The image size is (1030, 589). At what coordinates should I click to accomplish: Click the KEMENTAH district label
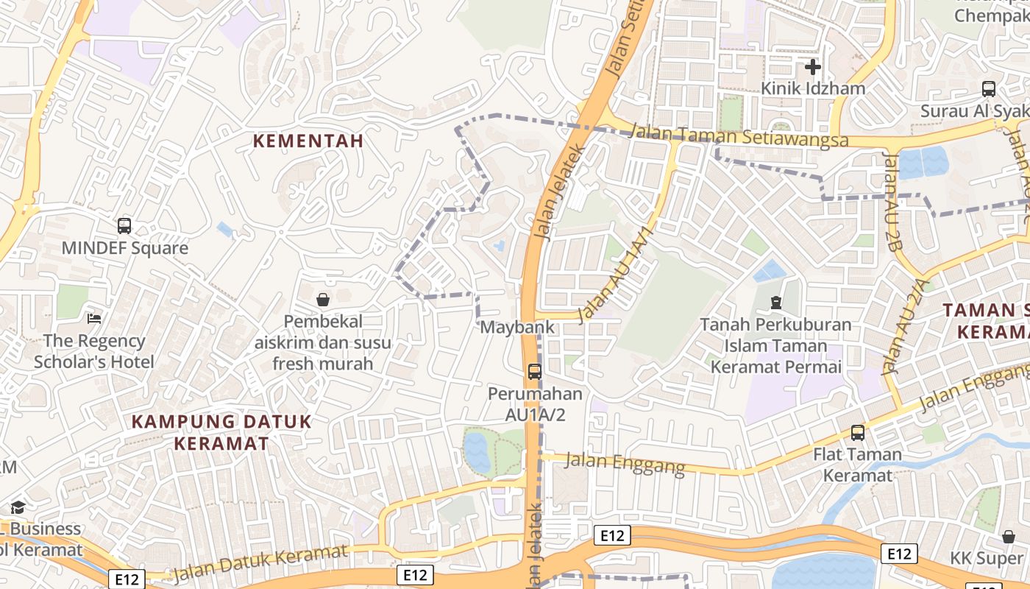point(308,141)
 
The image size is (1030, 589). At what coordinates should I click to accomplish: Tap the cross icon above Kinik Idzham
point(812,68)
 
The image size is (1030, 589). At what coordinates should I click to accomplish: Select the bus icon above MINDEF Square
point(124,226)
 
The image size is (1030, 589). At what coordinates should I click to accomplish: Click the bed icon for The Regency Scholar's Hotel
point(94,318)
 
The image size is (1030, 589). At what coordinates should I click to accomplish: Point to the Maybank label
point(517,327)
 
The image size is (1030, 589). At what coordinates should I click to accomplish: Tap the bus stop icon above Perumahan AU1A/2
point(535,372)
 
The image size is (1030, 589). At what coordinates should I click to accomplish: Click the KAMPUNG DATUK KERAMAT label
point(221,433)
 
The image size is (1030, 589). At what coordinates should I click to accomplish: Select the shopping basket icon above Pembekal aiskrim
point(322,300)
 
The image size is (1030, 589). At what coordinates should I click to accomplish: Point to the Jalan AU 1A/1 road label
point(616,275)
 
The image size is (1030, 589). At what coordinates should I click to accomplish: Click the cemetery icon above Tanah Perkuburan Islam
point(775,302)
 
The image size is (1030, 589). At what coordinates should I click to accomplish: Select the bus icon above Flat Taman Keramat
point(858,433)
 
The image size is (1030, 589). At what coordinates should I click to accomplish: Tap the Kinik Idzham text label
point(812,88)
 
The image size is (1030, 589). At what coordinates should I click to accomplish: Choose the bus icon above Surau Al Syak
point(989,89)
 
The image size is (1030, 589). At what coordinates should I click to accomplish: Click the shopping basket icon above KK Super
point(1009,537)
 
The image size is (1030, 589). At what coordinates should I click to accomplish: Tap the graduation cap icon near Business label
point(17,507)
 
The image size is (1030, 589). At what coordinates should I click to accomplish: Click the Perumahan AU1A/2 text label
point(535,404)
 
